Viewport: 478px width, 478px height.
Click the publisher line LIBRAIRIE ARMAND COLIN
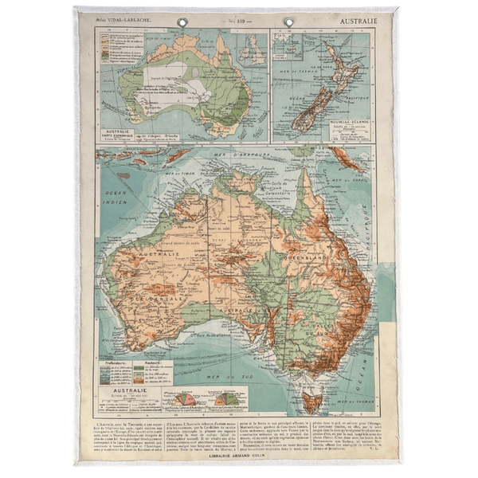[237, 456]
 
